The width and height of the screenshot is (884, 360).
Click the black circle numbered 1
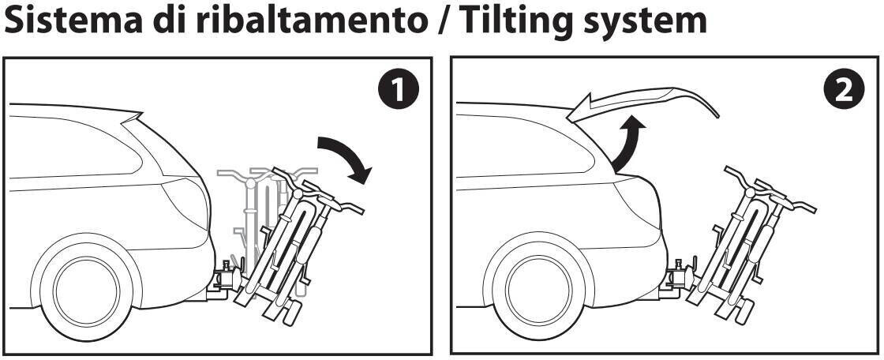point(399,91)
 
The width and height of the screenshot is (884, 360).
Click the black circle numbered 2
point(844,91)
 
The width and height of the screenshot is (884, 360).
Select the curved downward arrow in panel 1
point(345,158)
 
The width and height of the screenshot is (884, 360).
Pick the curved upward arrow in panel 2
point(627,144)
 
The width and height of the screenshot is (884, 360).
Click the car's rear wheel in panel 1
point(86,291)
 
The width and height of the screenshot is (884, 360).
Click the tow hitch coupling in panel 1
point(227,280)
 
